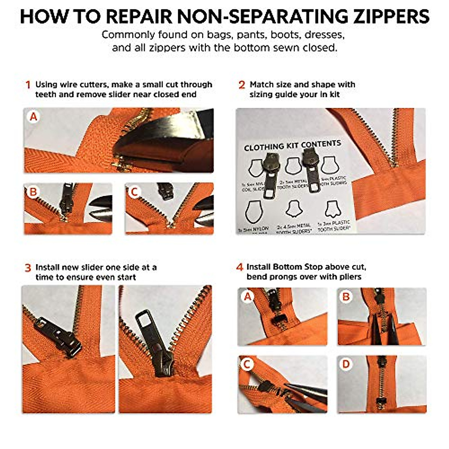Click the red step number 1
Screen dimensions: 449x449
click(28, 85)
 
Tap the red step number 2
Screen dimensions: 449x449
click(242, 85)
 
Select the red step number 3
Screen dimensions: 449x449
click(28, 268)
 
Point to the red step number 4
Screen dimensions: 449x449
click(239, 268)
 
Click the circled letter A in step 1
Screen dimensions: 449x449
click(34, 117)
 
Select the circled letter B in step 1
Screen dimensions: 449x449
click(33, 192)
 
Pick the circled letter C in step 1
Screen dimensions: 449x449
click(134, 192)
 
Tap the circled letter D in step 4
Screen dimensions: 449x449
click(346, 364)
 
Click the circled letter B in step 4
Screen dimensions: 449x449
click(346, 297)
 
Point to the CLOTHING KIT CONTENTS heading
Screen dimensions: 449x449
click(292, 146)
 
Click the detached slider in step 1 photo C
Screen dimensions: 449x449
click(165, 191)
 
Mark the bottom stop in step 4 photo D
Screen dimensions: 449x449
click(381, 402)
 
